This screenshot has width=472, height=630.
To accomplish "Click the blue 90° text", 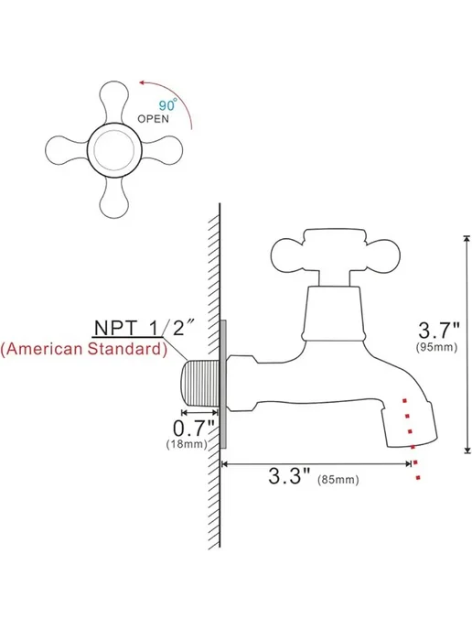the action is [167, 104].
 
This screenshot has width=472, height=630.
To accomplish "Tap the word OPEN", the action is [154, 119].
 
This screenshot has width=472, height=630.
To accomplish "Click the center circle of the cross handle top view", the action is [114, 150].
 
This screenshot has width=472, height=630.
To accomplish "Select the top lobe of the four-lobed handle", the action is [114, 102].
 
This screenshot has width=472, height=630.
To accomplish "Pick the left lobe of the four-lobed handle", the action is [65, 150].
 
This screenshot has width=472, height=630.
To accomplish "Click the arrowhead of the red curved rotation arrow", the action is [142, 82].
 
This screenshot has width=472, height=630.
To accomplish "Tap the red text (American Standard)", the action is [83, 349].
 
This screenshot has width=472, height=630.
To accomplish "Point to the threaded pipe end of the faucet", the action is [199, 383].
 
